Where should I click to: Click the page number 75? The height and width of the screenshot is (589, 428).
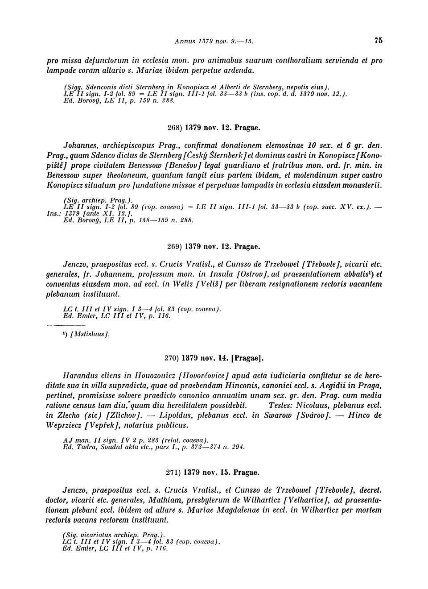(379, 41)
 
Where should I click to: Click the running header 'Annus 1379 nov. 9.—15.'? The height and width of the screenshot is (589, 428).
(214, 41)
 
